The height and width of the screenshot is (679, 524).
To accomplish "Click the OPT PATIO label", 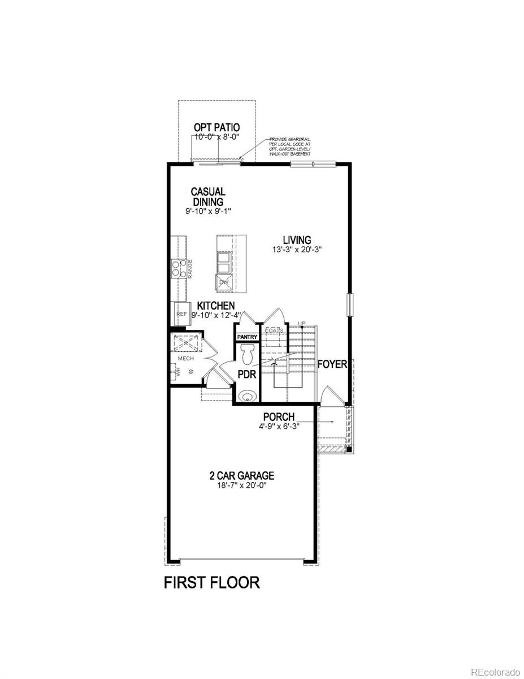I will click(216, 128).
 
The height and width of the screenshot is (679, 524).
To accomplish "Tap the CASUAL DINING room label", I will click(207, 197).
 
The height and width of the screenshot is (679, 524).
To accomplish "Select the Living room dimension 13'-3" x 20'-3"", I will click(297, 250).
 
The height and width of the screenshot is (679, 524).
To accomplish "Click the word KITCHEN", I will click(215, 306).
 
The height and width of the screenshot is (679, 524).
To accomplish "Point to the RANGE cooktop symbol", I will click(179, 268).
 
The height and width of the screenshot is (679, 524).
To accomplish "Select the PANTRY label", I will click(247, 337).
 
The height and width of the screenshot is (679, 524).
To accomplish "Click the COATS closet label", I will click(274, 330).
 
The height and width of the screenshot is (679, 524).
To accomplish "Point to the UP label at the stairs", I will click(302, 324).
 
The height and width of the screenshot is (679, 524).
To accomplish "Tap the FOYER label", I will click(332, 364).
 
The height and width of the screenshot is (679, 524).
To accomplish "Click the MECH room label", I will click(186, 359).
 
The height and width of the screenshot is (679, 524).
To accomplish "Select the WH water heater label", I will click(177, 372).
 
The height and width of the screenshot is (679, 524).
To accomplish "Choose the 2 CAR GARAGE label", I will click(241, 476).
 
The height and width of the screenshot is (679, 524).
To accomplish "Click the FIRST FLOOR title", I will click(212, 582).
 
